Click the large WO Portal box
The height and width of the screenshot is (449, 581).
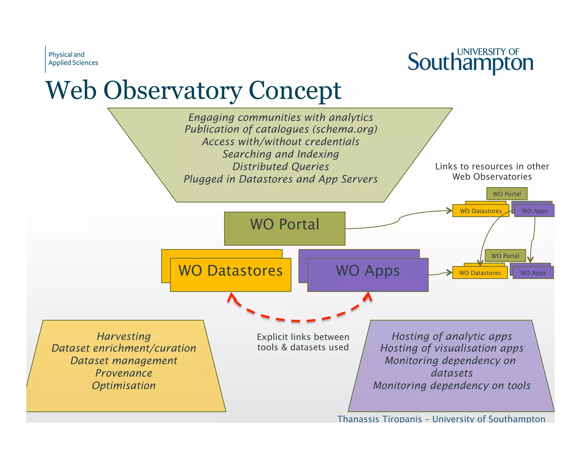[285, 228]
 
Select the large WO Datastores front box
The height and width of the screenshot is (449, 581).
[230, 274]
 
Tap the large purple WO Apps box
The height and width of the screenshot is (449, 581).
[368, 274]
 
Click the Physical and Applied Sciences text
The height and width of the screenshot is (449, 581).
[73, 58]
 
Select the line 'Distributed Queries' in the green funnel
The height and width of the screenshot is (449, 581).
[281, 167]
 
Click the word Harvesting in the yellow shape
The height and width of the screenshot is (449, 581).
[124, 336]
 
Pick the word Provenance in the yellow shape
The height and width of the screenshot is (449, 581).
[124, 373]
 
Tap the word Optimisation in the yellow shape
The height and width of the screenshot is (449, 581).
[124, 385]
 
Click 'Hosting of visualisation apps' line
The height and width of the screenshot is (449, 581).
[452, 348]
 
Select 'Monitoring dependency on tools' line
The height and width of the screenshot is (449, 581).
[452, 385]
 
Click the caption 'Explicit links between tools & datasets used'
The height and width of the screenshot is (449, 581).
[303, 342]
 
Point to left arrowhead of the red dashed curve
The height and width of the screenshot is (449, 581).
[231, 297]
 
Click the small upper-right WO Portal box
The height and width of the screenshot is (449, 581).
[507, 194]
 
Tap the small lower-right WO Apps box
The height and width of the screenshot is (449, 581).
[533, 273]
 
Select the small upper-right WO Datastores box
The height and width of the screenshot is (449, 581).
[481, 211]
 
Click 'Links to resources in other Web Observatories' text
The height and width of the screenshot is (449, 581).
[492, 171]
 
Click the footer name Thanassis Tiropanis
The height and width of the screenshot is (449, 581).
[379, 419]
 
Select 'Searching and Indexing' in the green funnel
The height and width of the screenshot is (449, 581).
[281, 154]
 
